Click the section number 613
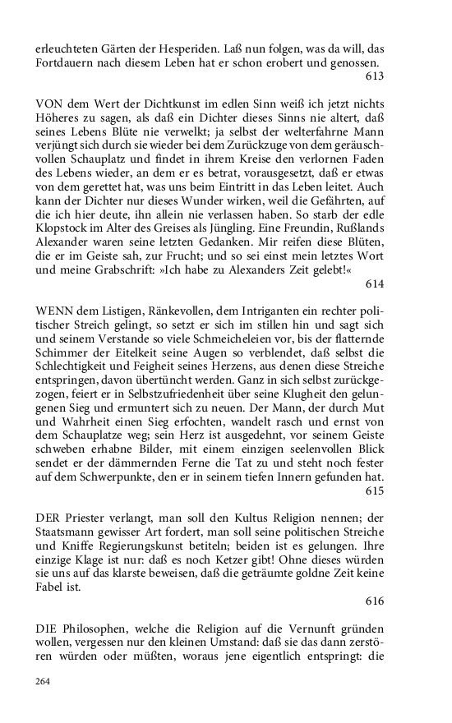(375, 76)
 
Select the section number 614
(375, 283)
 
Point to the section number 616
(375, 601)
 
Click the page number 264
(44, 681)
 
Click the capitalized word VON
(49, 106)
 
